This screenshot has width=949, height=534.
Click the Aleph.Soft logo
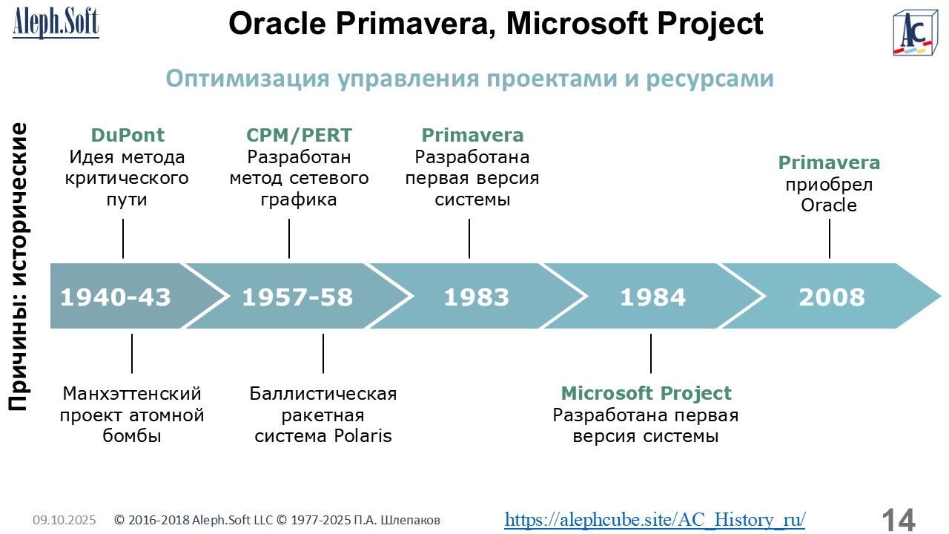[56, 23]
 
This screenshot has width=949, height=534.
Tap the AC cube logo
[915, 33]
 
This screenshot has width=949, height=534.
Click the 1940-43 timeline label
[115, 297]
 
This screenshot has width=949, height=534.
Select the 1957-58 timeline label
[297, 297]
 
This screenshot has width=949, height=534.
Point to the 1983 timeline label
[476, 297]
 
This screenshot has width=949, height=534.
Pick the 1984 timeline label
[653, 297]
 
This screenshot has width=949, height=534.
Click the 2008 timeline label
[832, 297]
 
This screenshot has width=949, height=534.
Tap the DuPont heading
[128, 135]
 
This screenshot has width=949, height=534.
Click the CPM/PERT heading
[299, 135]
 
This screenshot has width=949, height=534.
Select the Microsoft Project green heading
[646, 393]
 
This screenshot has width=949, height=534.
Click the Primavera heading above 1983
[472, 135]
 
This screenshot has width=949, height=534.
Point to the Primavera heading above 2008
[829, 162]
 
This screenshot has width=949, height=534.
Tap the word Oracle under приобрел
[829, 205]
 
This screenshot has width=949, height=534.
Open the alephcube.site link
[655, 519]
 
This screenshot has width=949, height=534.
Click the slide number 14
[898, 520]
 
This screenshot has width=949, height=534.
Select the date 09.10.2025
[65, 520]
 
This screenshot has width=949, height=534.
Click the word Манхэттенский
[132, 394]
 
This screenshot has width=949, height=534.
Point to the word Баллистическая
[323, 394]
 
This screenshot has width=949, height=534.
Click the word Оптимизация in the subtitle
[248, 79]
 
